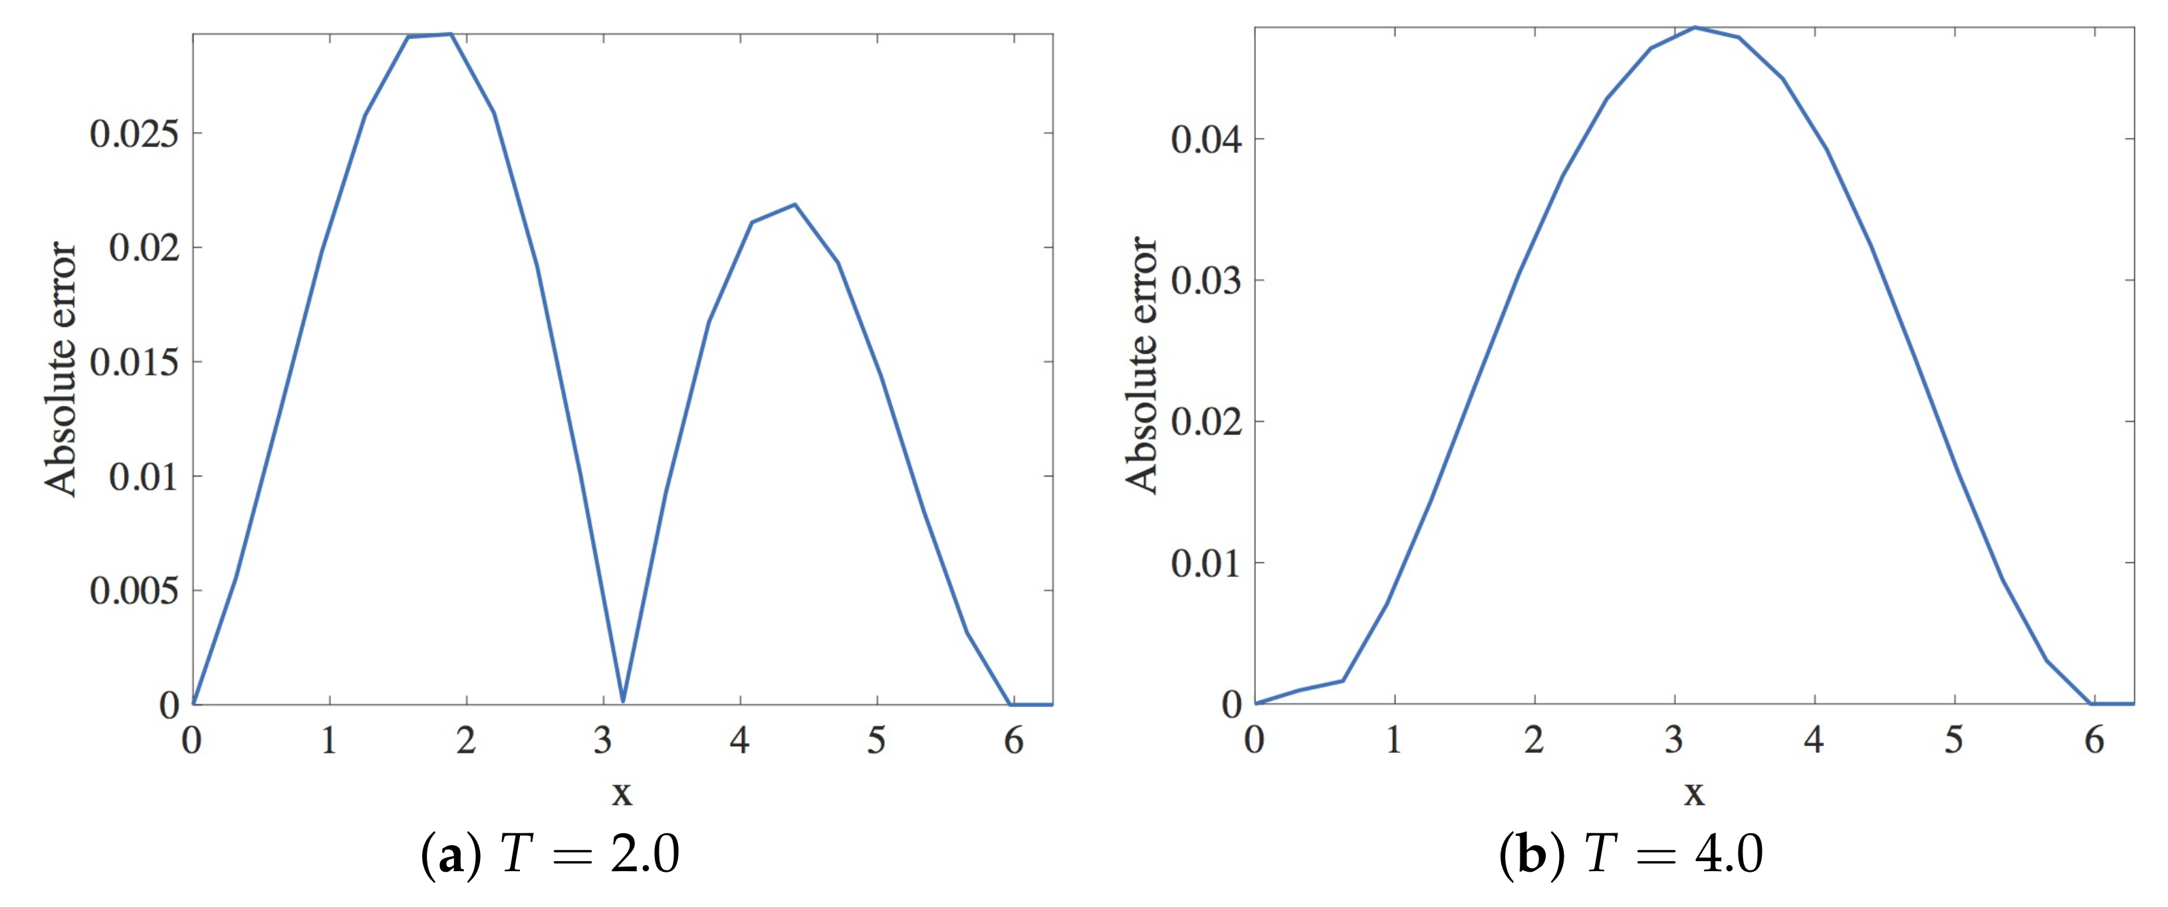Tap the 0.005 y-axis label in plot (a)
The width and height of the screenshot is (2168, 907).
click(135, 591)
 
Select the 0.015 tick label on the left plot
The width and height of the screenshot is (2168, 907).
click(135, 363)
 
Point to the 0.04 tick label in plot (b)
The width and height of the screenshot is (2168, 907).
click(1205, 139)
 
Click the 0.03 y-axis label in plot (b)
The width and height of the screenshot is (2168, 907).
click(1205, 280)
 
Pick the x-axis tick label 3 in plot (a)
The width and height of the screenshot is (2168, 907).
click(602, 740)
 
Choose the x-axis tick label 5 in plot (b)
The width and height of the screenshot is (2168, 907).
click(1953, 740)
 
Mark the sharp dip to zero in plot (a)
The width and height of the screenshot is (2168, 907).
click(623, 701)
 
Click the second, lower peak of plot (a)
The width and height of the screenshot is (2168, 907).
click(794, 205)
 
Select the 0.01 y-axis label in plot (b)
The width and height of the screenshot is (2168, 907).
click(1205, 563)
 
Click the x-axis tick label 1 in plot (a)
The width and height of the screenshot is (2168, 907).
click(329, 740)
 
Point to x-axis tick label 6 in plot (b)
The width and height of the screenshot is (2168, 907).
click(2093, 740)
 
